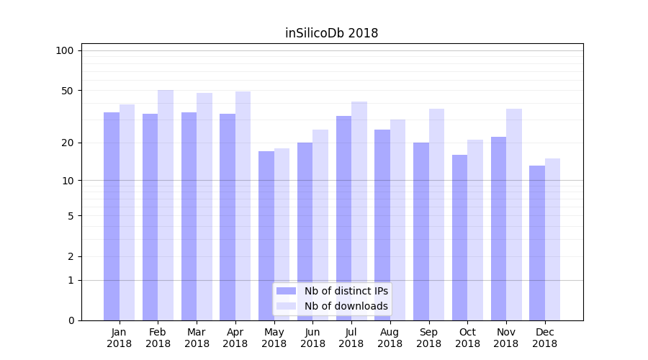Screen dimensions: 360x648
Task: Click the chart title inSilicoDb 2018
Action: point(331,33)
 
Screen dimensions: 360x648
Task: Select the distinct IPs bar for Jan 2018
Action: point(112,216)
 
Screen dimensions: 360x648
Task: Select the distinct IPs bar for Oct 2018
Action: point(459,238)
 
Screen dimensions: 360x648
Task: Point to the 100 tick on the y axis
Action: point(65,50)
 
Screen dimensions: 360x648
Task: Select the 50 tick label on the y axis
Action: point(68,91)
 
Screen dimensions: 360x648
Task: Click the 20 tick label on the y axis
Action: point(68,143)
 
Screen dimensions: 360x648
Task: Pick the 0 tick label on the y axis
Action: point(71,320)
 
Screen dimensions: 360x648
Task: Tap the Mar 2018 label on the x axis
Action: point(197,338)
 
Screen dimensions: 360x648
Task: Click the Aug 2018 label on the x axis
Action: point(390,338)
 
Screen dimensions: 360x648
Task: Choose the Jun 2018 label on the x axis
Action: point(312,338)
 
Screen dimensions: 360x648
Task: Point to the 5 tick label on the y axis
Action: point(71,215)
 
